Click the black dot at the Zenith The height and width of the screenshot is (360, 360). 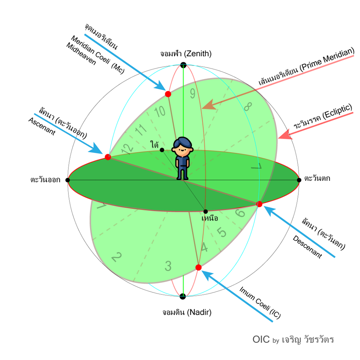[183, 65]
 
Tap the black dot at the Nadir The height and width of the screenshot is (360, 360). [183, 296]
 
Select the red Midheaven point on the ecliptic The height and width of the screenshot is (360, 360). [168, 94]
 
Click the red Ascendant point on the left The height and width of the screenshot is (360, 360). [108, 157]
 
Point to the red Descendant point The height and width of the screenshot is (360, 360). [259, 204]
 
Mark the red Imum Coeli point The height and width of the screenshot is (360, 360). [198, 267]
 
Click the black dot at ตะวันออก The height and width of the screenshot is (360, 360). [67, 180]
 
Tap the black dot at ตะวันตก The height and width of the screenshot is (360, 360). [299, 180]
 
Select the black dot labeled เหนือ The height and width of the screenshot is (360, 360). [205, 211]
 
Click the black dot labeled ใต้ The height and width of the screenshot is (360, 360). [162, 150]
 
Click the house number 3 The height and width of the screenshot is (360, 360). [168, 265]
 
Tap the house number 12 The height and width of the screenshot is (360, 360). [127, 148]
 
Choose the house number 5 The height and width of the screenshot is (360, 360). [222, 232]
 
